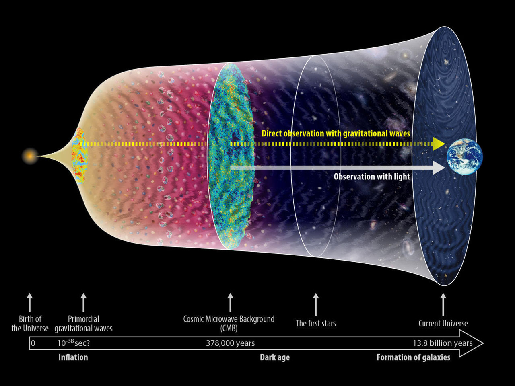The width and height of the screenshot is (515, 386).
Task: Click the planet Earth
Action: [x=465, y=156]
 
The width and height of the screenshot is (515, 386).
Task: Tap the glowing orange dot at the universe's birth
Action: [x=30, y=156]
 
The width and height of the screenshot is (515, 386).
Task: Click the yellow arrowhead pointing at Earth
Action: [x=439, y=144]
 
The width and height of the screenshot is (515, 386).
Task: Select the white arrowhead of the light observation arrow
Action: [x=439, y=168]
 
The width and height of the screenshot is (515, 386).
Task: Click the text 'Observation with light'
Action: [x=372, y=177]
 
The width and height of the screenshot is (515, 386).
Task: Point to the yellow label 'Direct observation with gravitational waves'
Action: [x=336, y=133]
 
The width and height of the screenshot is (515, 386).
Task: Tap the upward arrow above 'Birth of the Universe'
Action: [x=29, y=302]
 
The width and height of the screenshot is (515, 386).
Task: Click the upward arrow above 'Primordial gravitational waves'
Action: [x=84, y=302]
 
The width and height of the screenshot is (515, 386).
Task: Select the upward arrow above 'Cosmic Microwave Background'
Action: [x=231, y=302]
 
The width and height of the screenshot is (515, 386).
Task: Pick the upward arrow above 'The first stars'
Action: [x=316, y=304]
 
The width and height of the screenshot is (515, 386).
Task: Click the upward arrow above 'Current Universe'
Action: [x=443, y=304]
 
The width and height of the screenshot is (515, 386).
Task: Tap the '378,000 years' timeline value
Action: [x=230, y=343]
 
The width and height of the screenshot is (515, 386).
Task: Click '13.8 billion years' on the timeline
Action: [x=443, y=343]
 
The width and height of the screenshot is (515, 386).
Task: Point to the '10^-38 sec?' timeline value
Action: [x=74, y=343]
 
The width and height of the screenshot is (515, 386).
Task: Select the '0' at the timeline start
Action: [x=33, y=343]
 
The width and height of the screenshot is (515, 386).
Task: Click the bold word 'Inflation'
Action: [x=73, y=357]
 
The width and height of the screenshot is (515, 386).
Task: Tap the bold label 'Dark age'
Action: [x=275, y=357]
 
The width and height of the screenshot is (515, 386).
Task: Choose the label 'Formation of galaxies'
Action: [x=413, y=357]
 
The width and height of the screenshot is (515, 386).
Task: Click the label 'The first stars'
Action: [x=315, y=323]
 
